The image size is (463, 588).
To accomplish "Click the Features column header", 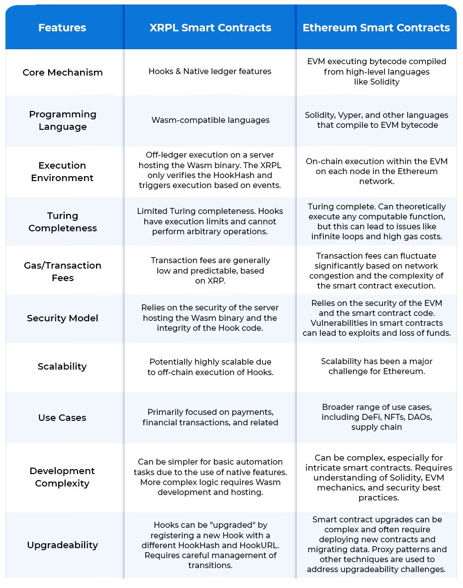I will [x=62, y=28].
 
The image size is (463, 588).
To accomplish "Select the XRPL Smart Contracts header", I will [x=210, y=28].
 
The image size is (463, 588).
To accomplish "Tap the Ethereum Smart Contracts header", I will [x=376, y=28].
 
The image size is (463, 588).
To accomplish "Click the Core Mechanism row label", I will [x=63, y=72].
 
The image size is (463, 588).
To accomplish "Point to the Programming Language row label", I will [x=63, y=120].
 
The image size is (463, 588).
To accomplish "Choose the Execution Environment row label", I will [x=63, y=172].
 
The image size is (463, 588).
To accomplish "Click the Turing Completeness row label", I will [x=63, y=222].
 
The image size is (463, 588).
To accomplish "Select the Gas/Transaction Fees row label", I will [x=63, y=272].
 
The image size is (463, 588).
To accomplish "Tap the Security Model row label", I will [x=63, y=318].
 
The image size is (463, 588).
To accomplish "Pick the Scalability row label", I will [x=62, y=367].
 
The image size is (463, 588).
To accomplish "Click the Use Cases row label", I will [x=62, y=418].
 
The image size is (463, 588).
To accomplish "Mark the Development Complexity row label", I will [x=63, y=477].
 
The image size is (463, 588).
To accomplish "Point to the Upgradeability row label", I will [x=63, y=545].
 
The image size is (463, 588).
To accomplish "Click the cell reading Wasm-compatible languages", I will [x=210, y=120].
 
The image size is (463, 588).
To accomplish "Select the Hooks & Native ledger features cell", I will [x=210, y=72].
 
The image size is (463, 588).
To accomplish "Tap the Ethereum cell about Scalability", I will [x=376, y=366].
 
